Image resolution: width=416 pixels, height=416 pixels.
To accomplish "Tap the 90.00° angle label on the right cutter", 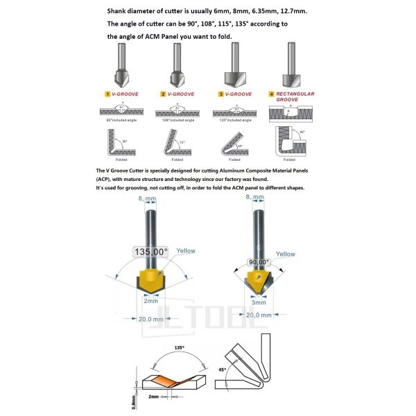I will coord(259,263).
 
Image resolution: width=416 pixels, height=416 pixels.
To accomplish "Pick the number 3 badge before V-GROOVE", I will coord(221,94).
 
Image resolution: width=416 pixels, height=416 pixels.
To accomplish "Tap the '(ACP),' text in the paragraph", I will coord(105,180).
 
